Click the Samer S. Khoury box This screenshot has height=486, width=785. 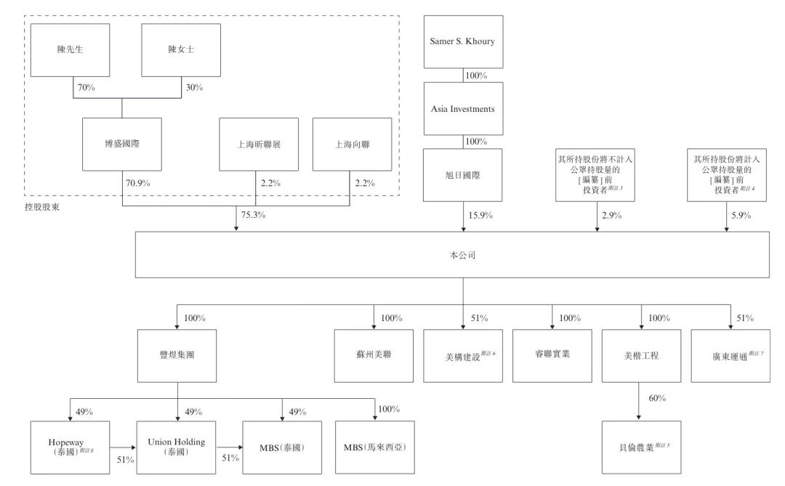[463, 41]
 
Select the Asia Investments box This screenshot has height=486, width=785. [463, 109]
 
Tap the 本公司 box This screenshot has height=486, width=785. [463, 256]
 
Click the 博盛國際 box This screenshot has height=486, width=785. [121, 144]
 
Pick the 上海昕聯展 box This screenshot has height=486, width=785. [259, 144]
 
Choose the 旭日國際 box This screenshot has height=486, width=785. [463, 176]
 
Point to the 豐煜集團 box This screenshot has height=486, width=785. [178, 356]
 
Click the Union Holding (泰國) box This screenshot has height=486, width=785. [178, 446]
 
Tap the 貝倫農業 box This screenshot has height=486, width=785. [642, 446]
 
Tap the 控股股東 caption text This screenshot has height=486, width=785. [42, 206]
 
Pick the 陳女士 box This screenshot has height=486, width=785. [180, 50]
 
